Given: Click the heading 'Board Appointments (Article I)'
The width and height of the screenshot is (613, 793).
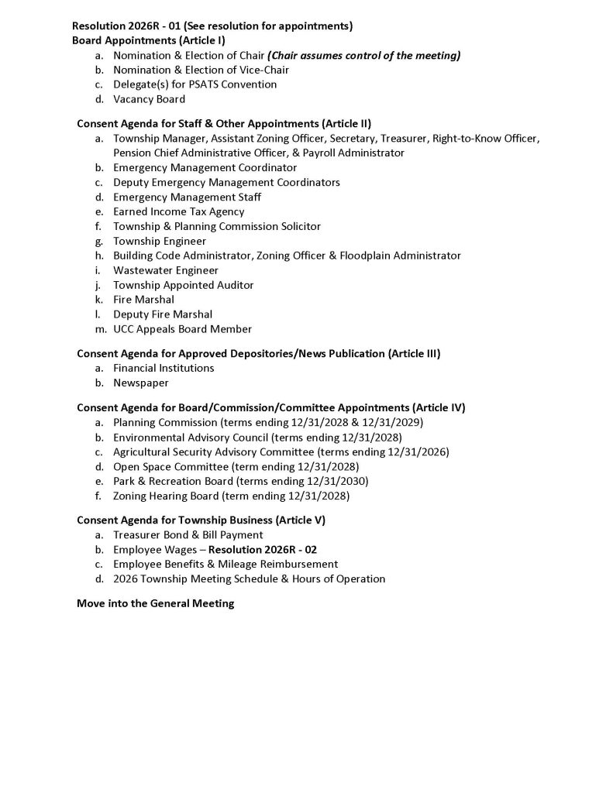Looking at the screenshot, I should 149,40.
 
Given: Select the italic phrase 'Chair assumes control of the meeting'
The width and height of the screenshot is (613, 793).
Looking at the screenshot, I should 364,55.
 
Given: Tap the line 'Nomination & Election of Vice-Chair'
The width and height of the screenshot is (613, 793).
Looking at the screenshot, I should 201,70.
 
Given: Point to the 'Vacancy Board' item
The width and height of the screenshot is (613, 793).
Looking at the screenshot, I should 149,99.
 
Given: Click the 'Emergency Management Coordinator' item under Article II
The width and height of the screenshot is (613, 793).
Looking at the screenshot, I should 205,167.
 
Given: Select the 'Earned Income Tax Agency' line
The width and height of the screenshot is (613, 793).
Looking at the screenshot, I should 178,211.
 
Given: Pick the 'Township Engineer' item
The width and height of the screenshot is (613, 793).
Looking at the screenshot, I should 160,241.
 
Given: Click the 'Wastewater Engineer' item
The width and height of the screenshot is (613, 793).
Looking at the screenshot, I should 166,270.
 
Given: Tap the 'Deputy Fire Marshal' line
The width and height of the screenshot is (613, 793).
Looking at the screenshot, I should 163,314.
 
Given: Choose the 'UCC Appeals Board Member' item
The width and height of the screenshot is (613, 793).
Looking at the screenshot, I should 182,329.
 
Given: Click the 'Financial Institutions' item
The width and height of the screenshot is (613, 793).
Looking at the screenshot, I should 164,368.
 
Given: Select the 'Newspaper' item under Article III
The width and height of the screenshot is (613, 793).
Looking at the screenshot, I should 140,383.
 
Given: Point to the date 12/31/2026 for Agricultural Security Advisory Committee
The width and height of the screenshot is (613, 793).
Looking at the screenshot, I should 418,451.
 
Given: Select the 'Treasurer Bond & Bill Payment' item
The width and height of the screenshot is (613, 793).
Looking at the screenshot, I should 188,535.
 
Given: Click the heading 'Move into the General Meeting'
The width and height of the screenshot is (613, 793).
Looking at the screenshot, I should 155,603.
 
